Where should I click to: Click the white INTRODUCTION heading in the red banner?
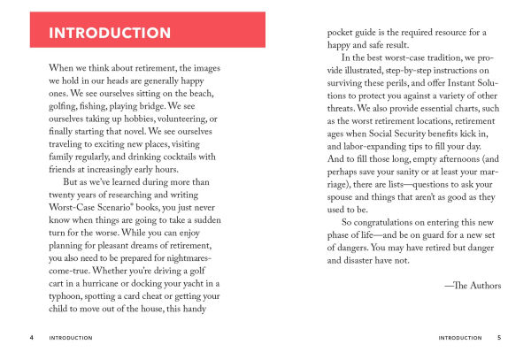[x=110, y=34]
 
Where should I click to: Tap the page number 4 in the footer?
[x=33, y=337]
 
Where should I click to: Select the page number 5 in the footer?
[x=499, y=337]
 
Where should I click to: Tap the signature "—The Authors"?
[x=473, y=286]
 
